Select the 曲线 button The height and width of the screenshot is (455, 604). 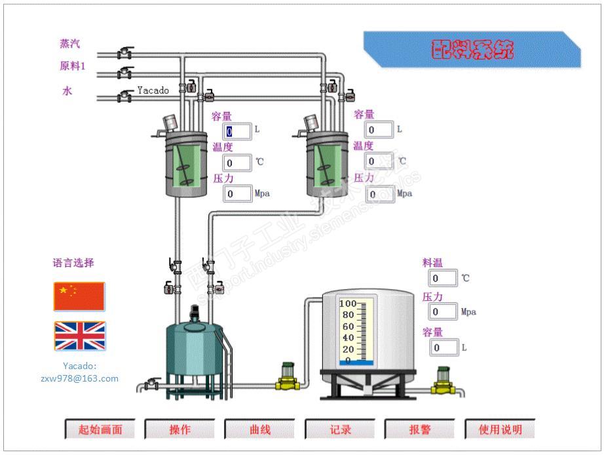(x=259, y=430)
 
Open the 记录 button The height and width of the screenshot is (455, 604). (x=340, y=430)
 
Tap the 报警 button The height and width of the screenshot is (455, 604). (x=420, y=430)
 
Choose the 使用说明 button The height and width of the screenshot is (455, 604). (x=500, y=430)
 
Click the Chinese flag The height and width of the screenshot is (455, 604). (x=79, y=296)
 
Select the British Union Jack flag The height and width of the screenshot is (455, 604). (x=79, y=336)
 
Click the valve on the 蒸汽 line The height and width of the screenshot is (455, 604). (x=124, y=53)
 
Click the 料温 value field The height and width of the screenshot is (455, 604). (x=444, y=278)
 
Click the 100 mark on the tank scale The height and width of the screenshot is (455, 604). (x=347, y=304)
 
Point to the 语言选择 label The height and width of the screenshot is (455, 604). (x=73, y=263)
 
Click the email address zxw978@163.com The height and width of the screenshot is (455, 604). (x=80, y=378)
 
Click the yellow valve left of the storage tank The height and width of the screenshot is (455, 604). (x=287, y=377)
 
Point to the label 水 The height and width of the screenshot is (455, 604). (x=67, y=92)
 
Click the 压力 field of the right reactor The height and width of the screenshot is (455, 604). (x=380, y=193)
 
